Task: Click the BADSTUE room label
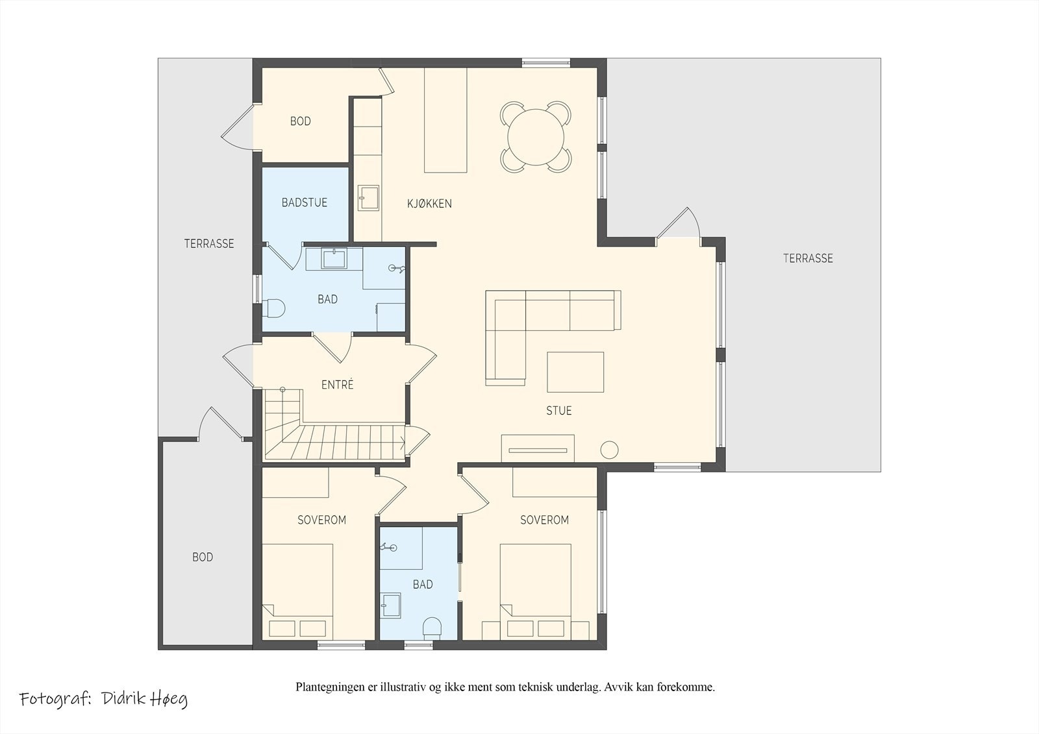click(x=305, y=202)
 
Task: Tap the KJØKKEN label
click(x=429, y=204)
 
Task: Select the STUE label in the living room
click(x=559, y=410)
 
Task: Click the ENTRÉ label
click(x=338, y=384)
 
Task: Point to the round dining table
click(x=536, y=137)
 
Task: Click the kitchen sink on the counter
click(x=368, y=199)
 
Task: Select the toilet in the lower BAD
click(x=432, y=628)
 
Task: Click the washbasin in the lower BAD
click(x=390, y=606)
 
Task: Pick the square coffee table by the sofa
click(x=575, y=373)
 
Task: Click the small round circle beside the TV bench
click(x=610, y=449)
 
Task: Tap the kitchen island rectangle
click(x=445, y=120)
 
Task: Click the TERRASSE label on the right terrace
click(x=808, y=258)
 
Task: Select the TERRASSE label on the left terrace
click(x=209, y=243)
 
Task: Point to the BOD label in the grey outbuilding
click(x=203, y=557)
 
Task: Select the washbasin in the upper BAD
click(x=334, y=258)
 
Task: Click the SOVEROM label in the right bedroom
click(x=545, y=520)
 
